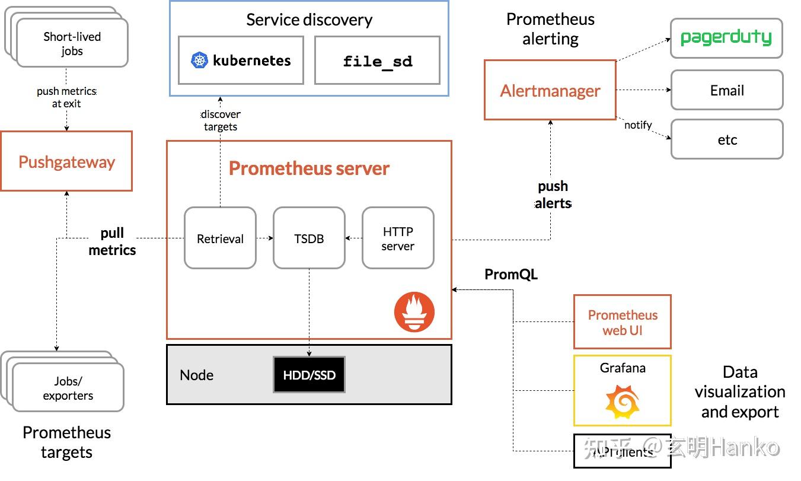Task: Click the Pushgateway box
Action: click(x=66, y=161)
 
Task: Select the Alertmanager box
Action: click(x=550, y=90)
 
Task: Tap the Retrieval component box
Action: click(x=220, y=238)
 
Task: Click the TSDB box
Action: click(x=309, y=238)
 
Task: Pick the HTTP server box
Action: click(x=398, y=238)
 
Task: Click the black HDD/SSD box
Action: click(x=309, y=375)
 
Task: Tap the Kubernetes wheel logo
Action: click(x=200, y=60)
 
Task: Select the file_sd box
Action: click(x=377, y=60)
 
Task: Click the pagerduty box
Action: click(x=726, y=39)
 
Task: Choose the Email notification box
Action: click(x=726, y=90)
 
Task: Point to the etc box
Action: click(x=726, y=139)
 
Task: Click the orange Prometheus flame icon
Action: click(x=414, y=312)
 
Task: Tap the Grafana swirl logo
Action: click(x=622, y=402)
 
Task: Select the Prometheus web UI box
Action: click(x=622, y=322)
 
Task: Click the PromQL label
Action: click(x=511, y=274)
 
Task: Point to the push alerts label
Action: click(x=553, y=195)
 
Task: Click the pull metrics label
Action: click(x=112, y=241)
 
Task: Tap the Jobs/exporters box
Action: click(x=68, y=388)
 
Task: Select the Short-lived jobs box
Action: click(x=72, y=44)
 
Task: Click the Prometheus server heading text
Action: click(x=309, y=168)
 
